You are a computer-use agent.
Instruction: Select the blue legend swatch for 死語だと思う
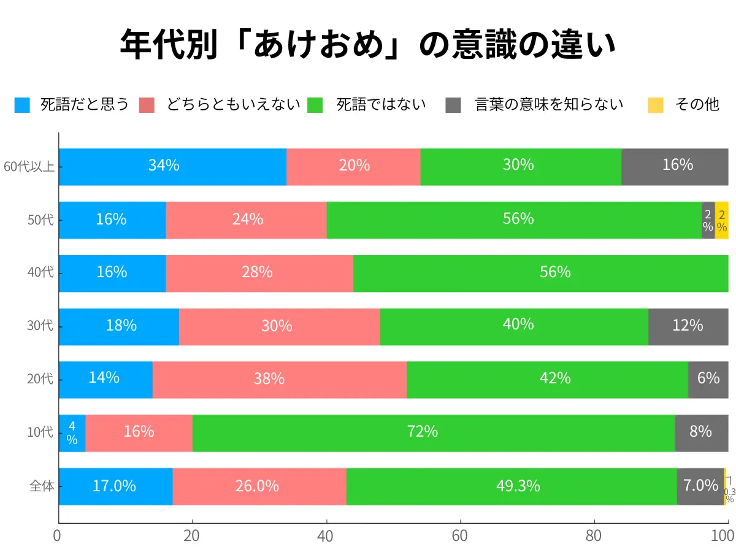click(x=22, y=105)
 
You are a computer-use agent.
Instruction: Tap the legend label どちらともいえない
click(x=233, y=104)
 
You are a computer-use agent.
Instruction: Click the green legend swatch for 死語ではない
click(x=315, y=105)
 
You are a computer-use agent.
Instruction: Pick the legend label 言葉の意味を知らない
click(x=549, y=104)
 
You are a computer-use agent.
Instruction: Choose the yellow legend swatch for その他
click(x=656, y=105)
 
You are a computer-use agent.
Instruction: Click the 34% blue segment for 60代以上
click(x=172, y=166)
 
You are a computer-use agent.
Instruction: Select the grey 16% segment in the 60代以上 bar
click(x=675, y=166)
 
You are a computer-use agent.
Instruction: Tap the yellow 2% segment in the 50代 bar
click(x=722, y=220)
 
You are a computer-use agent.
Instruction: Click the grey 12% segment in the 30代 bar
click(x=688, y=326)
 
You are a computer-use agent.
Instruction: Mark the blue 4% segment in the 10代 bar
click(x=72, y=433)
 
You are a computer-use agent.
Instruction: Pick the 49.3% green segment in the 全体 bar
click(x=512, y=486)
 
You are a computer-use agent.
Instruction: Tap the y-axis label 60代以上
click(x=28, y=166)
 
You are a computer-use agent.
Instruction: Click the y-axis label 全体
click(x=42, y=486)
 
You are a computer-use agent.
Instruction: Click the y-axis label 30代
click(x=40, y=326)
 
